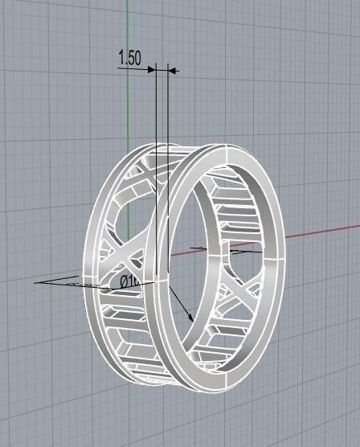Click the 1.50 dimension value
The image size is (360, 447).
129,58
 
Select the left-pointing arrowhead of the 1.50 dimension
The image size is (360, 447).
170,70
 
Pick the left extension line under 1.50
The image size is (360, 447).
154,113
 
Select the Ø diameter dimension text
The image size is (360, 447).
129,281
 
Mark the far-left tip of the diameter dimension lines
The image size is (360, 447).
36,283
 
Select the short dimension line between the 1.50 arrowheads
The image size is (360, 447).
161,70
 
